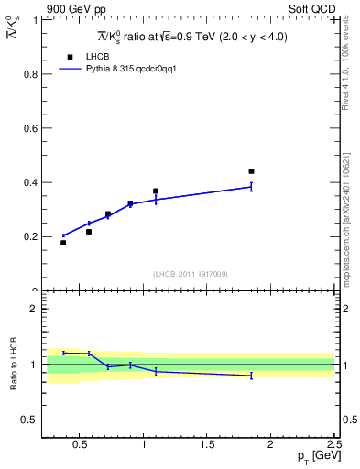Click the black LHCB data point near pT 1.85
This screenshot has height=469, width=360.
[x=251, y=171]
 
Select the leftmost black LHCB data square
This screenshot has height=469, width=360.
[x=63, y=243]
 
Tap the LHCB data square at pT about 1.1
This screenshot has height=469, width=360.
[x=156, y=191]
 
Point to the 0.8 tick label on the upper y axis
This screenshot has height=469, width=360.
[x=30, y=73]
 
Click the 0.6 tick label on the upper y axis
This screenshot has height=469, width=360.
[x=30, y=128]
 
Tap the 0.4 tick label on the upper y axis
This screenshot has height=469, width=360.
[x=30, y=182]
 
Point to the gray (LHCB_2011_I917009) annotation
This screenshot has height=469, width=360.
[x=191, y=274]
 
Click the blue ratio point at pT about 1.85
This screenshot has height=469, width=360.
[x=251, y=376]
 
